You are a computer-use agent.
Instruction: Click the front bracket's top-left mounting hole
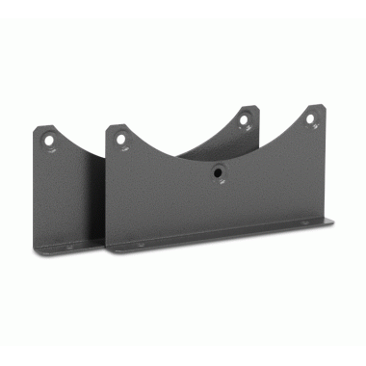tap(120, 139)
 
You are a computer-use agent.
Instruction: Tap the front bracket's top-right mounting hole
tap(311, 119)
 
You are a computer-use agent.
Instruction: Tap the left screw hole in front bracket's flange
tap(141, 246)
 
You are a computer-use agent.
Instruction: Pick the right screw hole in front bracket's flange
tap(307, 223)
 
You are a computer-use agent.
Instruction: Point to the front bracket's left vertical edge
tap(107, 193)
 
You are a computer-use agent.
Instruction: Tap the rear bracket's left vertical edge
tap(36, 193)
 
